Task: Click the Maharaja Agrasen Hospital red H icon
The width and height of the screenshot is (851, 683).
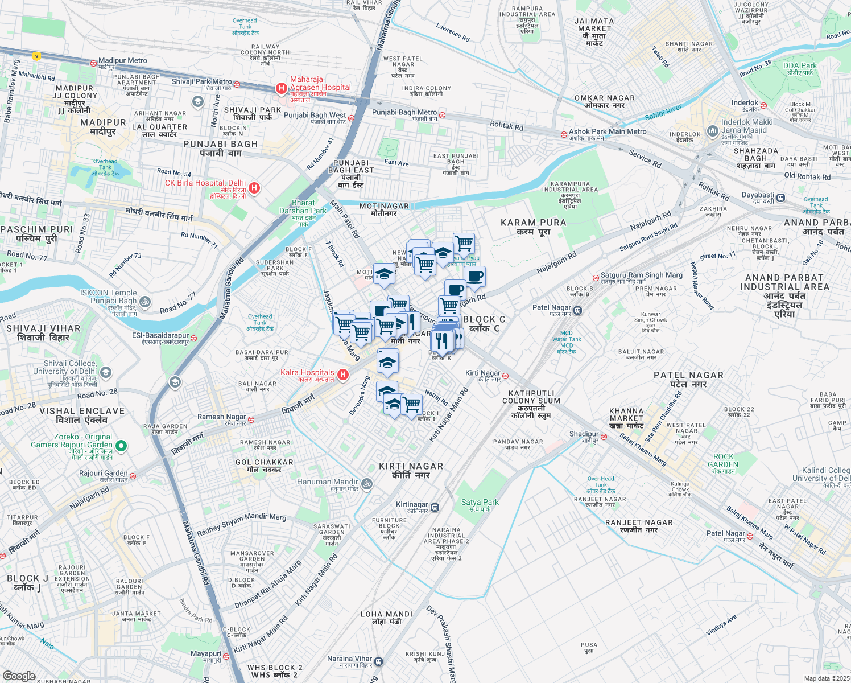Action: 281,88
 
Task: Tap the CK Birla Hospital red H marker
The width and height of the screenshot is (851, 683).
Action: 254,188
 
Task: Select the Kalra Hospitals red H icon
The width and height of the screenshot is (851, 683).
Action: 342,375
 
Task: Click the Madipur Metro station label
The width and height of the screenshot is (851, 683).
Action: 122,60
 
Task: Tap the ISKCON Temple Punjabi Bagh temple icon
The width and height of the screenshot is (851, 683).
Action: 146,301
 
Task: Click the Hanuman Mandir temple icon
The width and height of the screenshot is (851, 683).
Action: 367,484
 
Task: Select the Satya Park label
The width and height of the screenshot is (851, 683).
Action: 480,502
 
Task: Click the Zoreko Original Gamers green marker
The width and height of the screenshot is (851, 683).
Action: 121,445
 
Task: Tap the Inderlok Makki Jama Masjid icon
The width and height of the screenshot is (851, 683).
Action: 712,132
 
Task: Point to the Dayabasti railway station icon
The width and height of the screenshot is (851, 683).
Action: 780,198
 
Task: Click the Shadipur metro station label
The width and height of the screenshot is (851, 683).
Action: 584,434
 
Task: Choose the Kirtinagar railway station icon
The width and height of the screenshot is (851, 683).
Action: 435,507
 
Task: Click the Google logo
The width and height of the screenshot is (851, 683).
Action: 19,676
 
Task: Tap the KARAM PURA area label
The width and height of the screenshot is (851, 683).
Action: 533,223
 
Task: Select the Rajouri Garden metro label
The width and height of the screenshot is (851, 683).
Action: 103,473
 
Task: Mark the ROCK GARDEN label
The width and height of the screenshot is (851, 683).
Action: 723,460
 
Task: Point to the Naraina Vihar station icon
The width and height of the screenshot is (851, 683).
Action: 379,661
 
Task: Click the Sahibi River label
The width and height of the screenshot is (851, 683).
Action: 663,112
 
